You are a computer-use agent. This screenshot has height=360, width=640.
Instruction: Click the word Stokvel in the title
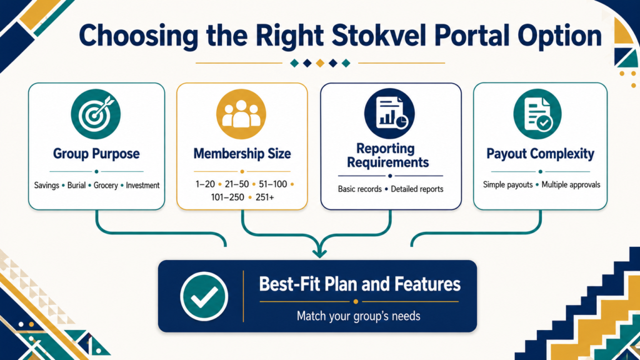(x=379, y=36)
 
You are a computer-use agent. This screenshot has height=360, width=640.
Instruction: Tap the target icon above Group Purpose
(x=96, y=114)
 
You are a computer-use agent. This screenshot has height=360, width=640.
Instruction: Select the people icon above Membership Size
(x=241, y=114)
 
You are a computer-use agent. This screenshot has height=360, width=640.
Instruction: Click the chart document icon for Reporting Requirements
(x=389, y=114)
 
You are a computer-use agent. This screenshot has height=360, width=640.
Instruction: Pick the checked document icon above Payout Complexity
(x=537, y=114)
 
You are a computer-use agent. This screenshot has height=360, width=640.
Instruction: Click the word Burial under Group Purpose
(x=76, y=185)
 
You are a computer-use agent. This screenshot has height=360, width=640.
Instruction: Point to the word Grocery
(x=106, y=185)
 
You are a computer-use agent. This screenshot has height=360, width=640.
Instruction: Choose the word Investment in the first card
(x=142, y=185)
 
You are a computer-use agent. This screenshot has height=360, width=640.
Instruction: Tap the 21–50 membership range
(x=237, y=184)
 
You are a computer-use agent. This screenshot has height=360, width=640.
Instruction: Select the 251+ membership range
(x=265, y=197)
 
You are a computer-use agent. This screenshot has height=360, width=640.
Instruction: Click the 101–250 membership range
(x=227, y=197)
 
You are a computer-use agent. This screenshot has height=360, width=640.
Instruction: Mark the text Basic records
(x=359, y=189)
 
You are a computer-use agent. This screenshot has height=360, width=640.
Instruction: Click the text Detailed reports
(x=417, y=189)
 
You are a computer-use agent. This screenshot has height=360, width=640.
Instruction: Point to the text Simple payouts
(x=507, y=184)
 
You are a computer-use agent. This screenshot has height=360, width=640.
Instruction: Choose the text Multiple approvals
(x=571, y=184)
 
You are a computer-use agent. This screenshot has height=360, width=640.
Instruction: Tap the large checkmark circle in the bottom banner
(x=204, y=296)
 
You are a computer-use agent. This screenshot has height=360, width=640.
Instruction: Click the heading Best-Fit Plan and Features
(x=359, y=284)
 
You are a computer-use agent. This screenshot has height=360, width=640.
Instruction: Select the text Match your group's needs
(x=358, y=316)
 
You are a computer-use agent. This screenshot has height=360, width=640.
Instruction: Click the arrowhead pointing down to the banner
(x=319, y=252)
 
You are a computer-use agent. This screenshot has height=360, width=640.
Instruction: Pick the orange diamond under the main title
(x=320, y=63)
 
